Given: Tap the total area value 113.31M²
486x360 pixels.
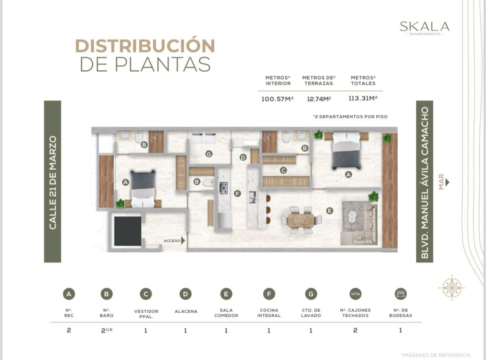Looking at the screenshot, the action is click(363, 98).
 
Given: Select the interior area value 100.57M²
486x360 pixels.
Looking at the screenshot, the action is click(277, 99).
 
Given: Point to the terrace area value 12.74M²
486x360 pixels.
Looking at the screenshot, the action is click(319, 99).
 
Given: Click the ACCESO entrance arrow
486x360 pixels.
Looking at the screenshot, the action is click(183, 241).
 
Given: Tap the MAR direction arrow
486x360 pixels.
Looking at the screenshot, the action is click(447, 182).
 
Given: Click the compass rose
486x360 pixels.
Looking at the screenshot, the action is click(452, 288).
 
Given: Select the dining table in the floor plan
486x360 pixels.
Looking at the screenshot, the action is click(301, 220).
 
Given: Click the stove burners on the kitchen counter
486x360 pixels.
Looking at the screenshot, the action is click(223, 188).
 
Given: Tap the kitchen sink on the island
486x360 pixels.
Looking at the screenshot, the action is click(252, 197).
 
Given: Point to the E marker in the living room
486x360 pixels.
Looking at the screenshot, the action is click(330, 211).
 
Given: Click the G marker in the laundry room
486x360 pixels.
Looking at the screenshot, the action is click(209, 154).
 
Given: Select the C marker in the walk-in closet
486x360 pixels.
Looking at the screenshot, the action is click(283, 170).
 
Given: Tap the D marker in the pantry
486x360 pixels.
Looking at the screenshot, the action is click(243, 157).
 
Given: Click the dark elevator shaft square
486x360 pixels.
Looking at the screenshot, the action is click(128, 231).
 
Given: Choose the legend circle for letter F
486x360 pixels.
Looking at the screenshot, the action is click(269, 294).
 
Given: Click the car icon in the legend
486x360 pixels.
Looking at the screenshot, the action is click(355, 294).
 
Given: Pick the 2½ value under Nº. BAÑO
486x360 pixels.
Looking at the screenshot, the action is click(107, 330).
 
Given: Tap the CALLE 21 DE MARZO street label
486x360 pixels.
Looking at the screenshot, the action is click(53, 183).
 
